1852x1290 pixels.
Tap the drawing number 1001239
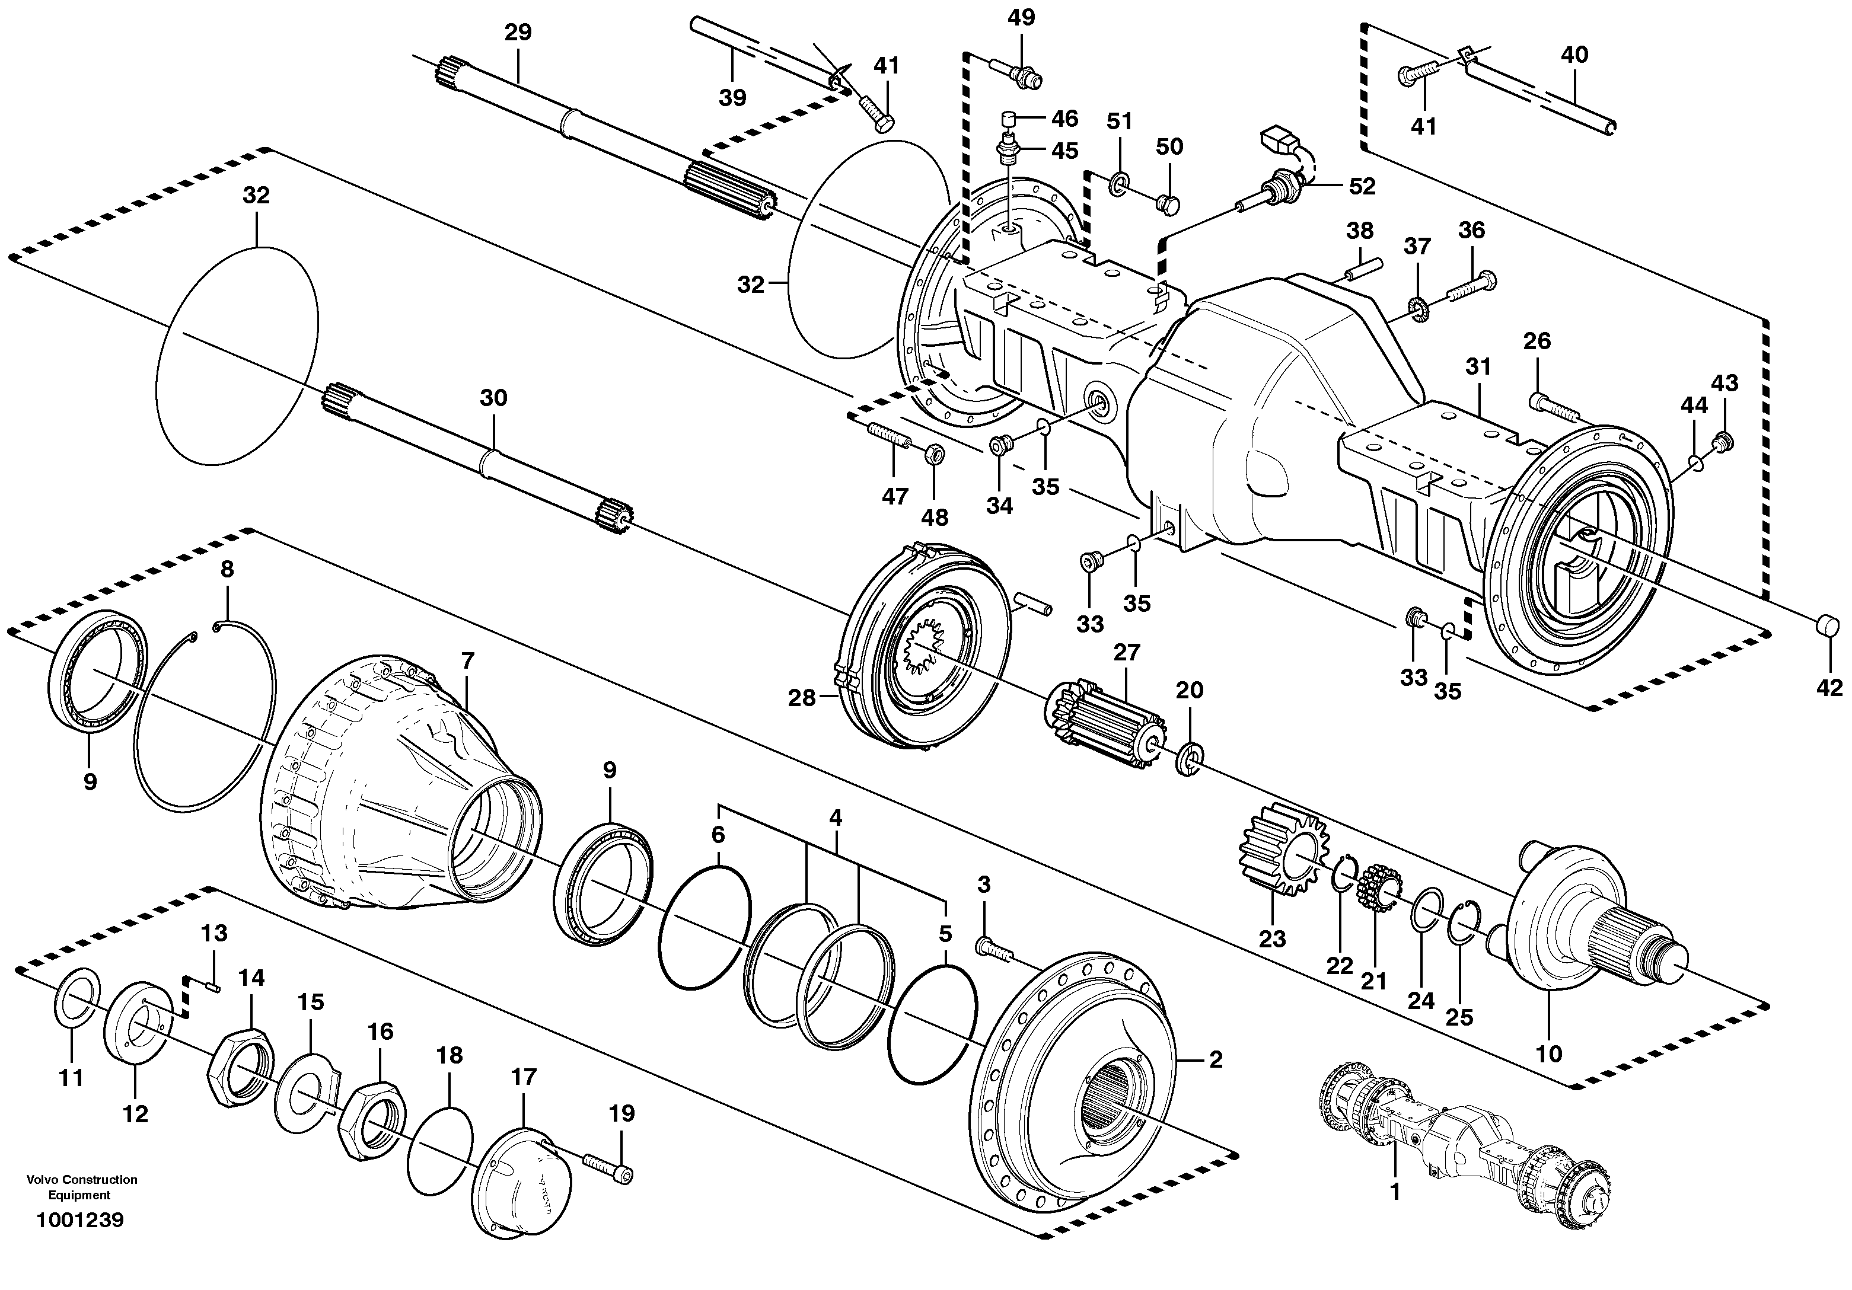[x=80, y=1220]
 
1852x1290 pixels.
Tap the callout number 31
[x=1478, y=367]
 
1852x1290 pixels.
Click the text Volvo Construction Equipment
[x=81, y=1187]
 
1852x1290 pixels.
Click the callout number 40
[x=1574, y=55]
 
